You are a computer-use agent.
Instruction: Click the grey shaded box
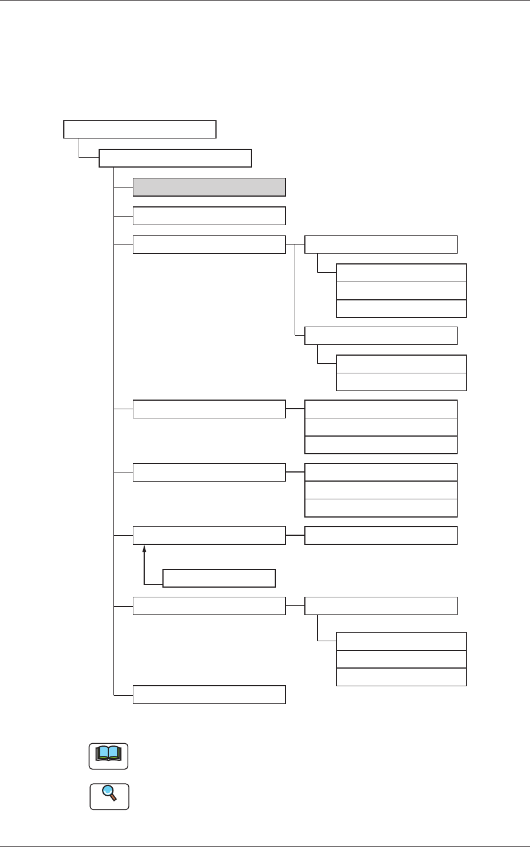[209, 187]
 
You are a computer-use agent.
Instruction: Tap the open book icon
[109, 756]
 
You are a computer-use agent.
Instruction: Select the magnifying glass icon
[109, 796]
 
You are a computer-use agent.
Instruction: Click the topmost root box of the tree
[140, 129]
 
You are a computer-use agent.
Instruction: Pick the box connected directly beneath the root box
[175, 158]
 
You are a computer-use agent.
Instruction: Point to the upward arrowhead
[145, 548]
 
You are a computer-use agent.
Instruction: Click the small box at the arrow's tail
[219, 578]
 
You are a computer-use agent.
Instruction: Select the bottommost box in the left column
[209, 694]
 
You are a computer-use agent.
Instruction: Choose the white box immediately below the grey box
[209, 216]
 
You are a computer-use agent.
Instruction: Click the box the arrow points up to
[209, 535]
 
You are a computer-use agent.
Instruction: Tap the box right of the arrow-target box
[381, 535]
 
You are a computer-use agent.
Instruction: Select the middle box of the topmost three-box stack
[401, 291]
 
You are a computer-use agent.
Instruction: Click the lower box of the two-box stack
[401, 382]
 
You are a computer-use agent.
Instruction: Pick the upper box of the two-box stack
[401, 364]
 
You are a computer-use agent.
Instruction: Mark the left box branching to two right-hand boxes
[209, 245]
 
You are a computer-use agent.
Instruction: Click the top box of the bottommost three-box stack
[401, 641]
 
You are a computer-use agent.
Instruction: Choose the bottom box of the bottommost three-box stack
[401, 677]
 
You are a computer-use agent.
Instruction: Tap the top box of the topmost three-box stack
[401, 273]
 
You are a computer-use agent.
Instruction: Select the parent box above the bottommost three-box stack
[381, 606]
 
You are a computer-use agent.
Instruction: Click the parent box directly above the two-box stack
[381, 336]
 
